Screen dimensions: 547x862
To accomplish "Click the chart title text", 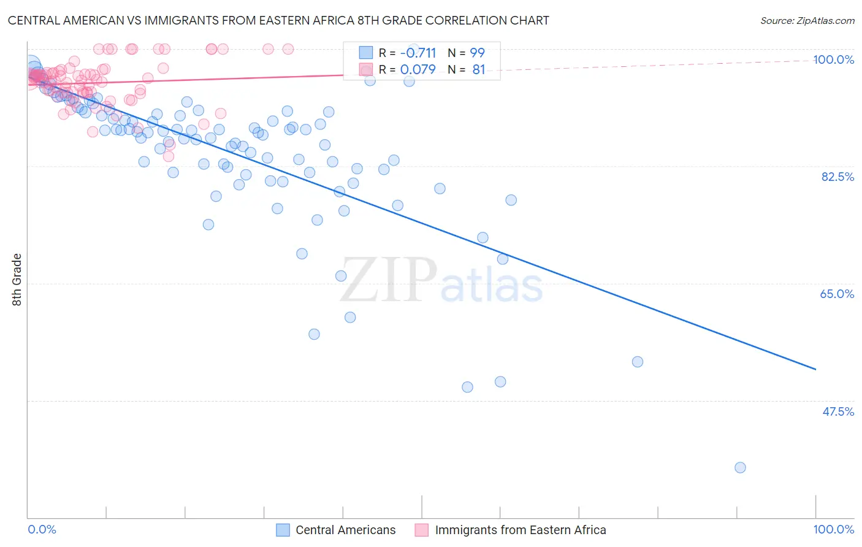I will [278, 20].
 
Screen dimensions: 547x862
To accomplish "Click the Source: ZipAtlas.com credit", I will [807, 20].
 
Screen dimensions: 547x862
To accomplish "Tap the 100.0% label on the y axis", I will [833, 59].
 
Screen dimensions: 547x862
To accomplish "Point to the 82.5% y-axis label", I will [837, 177].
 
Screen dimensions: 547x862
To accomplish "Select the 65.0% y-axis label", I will [837, 294].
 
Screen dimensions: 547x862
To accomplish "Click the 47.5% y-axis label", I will [837, 411].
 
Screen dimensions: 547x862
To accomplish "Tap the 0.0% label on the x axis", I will [42, 529].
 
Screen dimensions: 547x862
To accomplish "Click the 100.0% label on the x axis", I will [833, 529].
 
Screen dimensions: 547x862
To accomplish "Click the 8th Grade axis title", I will [17, 280].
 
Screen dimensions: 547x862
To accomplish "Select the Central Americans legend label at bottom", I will [345, 530].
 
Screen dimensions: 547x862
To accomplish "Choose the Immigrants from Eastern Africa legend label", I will [520, 530].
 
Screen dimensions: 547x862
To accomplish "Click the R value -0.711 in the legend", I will [418, 53].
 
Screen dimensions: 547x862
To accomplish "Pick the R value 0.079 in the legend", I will [418, 69].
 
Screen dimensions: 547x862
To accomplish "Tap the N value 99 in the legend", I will [477, 53].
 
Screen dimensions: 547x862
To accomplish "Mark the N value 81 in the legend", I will [478, 69].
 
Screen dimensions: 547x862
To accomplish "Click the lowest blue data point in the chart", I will [740, 467].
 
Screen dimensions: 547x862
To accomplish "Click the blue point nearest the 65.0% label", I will [637, 362].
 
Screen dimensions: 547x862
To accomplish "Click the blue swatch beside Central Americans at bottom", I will [283, 530].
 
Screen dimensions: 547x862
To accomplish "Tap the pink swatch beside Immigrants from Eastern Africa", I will [421, 530].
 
